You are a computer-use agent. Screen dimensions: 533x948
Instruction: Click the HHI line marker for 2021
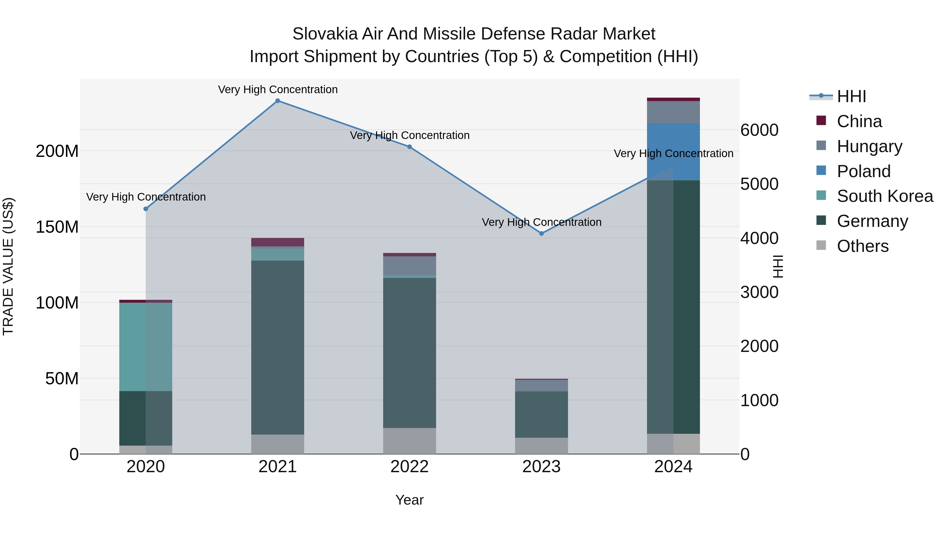pyautogui.click(x=278, y=101)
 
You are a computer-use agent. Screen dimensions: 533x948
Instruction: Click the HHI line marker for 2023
pyautogui.click(x=541, y=233)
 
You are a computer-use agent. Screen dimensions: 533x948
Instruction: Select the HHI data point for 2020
pyautogui.click(x=146, y=209)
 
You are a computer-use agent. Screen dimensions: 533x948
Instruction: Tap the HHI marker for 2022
pyautogui.click(x=409, y=147)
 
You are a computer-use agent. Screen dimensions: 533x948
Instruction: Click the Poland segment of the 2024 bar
pyautogui.click(x=673, y=152)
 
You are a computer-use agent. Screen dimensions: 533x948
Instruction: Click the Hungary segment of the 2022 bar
pyautogui.click(x=409, y=266)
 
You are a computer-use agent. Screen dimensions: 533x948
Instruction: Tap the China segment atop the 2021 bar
pyautogui.click(x=278, y=242)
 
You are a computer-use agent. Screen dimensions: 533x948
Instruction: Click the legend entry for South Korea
pyautogui.click(x=885, y=196)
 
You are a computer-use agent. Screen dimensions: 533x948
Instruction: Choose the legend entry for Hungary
pyautogui.click(x=869, y=146)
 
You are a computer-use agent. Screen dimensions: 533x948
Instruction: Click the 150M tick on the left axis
pyautogui.click(x=57, y=227)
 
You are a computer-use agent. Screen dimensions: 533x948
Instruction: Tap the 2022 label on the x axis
pyautogui.click(x=409, y=467)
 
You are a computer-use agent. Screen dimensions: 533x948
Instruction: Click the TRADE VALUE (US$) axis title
pyautogui.click(x=8, y=266)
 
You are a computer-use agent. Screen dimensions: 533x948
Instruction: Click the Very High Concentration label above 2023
pyautogui.click(x=541, y=222)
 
